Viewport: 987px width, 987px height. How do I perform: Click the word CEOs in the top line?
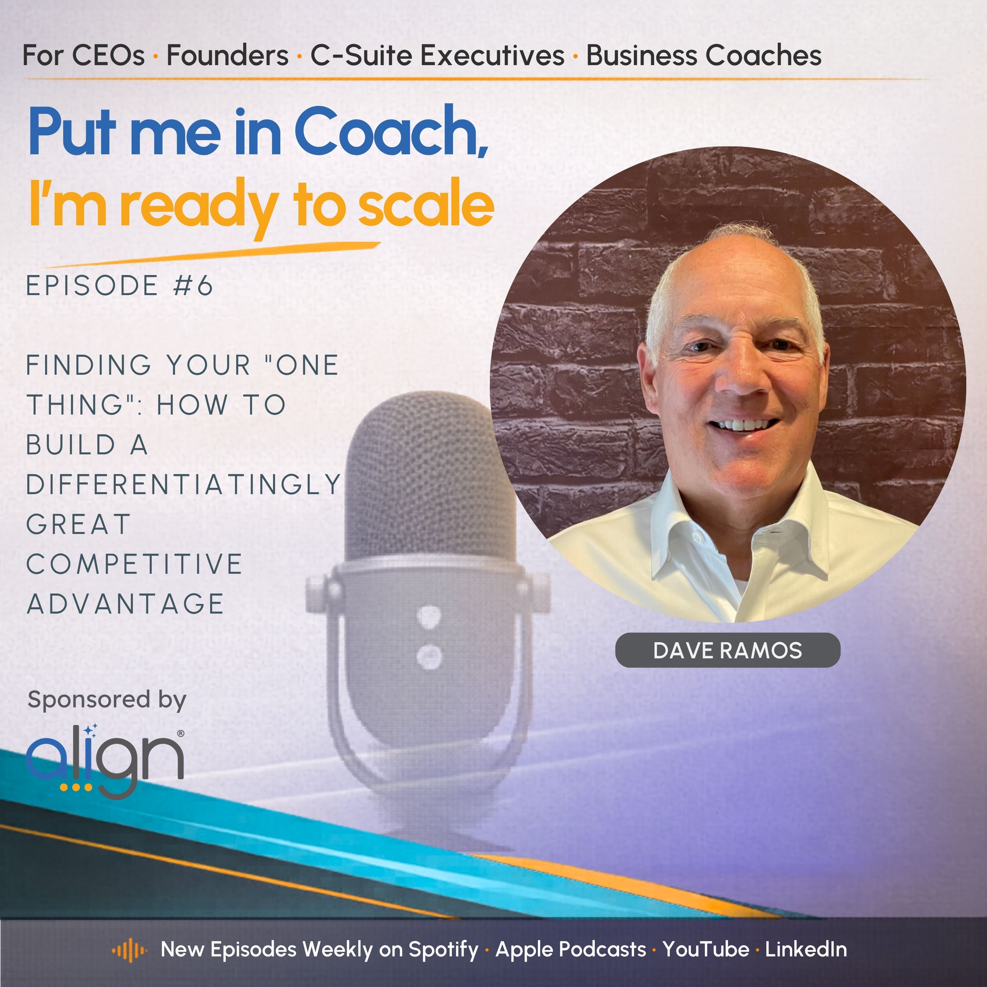click(108, 55)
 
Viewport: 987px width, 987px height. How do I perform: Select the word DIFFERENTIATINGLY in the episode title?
click(183, 484)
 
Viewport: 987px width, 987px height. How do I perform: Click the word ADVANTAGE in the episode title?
click(125, 604)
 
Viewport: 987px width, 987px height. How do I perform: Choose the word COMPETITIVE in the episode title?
click(134, 564)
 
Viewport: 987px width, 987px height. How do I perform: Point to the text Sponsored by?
click(107, 700)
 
